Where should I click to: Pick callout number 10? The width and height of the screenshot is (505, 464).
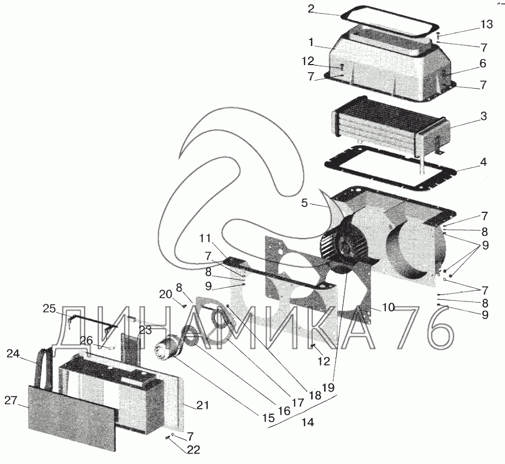pyautogui.click(x=388, y=308)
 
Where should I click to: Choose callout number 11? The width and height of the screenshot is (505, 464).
pyautogui.click(x=205, y=238)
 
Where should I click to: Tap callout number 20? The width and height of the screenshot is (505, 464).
pyautogui.click(x=166, y=294)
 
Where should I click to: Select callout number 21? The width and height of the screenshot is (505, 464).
pyautogui.click(x=203, y=405)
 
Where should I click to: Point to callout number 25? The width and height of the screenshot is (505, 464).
pyautogui.click(x=49, y=309)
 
